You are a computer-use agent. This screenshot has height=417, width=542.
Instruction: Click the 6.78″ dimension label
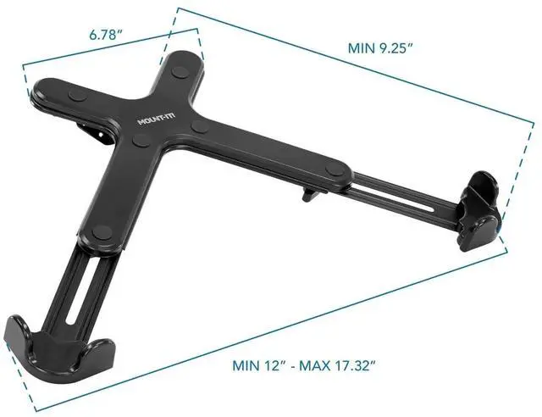pyautogui.click(x=105, y=35)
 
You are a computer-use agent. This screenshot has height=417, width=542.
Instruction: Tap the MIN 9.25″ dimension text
pyautogui.click(x=380, y=48)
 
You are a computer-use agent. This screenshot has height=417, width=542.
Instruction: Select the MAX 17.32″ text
pyautogui.click(x=337, y=365)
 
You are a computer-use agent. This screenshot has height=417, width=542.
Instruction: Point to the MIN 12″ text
pyautogui.click(x=259, y=365)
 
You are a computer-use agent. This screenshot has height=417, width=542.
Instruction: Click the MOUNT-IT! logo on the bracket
pyautogui.click(x=157, y=119)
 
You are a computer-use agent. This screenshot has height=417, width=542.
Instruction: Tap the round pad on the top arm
pyautogui.click(x=180, y=72)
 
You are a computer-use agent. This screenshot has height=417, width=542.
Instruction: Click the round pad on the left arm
pyautogui.click(x=78, y=96)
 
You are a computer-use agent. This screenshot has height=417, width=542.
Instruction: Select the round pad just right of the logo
pyautogui.click(x=200, y=126)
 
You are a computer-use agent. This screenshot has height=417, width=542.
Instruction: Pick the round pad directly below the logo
pyautogui.click(x=141, y=140)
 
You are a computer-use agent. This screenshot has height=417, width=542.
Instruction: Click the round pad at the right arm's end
pyautogui.click(x=335, y=171)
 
